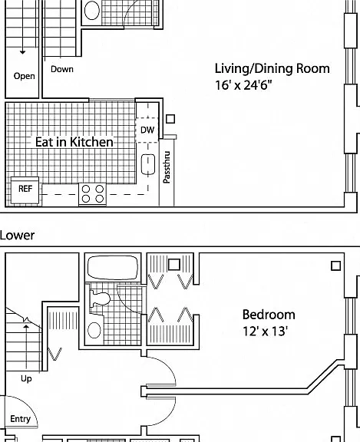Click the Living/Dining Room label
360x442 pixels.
(272, 69)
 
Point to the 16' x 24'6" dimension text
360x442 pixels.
(243, 85)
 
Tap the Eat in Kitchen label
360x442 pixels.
(74, 142)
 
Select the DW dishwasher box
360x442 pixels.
(147, 130)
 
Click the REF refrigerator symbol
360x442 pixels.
(25, 190)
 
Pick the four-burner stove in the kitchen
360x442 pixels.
(92, 194)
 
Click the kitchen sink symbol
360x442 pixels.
(148, 164)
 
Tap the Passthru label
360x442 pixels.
(167, 167)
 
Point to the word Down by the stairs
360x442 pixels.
(62, 69)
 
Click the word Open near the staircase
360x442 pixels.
(25, 76)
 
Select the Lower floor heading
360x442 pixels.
(17, 235)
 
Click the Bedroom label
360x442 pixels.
(269, 315)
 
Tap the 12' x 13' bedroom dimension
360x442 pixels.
(265, 331)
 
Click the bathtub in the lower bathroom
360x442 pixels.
(113, 268)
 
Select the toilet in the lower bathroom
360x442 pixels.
(100, 299)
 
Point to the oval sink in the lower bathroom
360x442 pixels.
(94, 331)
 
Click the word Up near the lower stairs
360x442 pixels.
(26, 378)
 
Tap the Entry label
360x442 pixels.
(20, 419)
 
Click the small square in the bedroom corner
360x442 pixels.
(335, 266)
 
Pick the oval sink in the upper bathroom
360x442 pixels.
(92, 11)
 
